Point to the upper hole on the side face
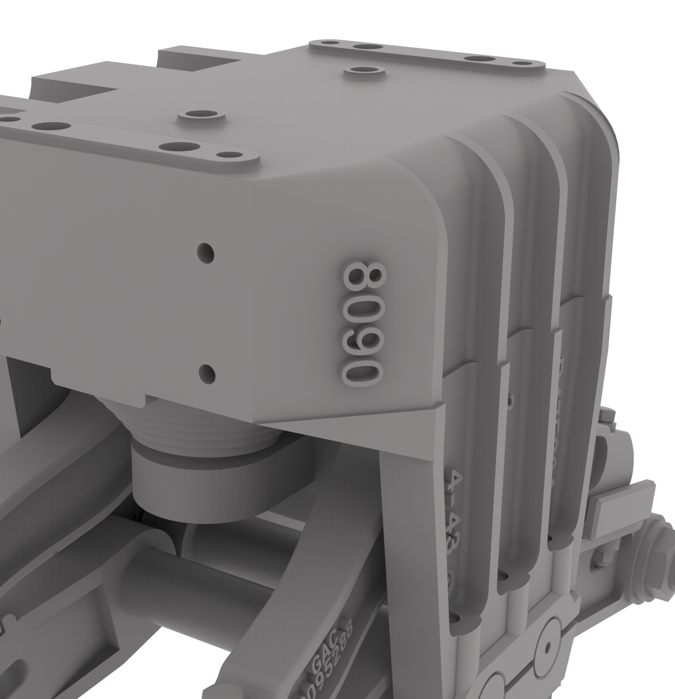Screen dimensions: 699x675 tap(205, 252)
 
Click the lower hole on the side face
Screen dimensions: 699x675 tap(207, 372)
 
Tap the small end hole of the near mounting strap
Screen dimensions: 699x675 tap(228, 155)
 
